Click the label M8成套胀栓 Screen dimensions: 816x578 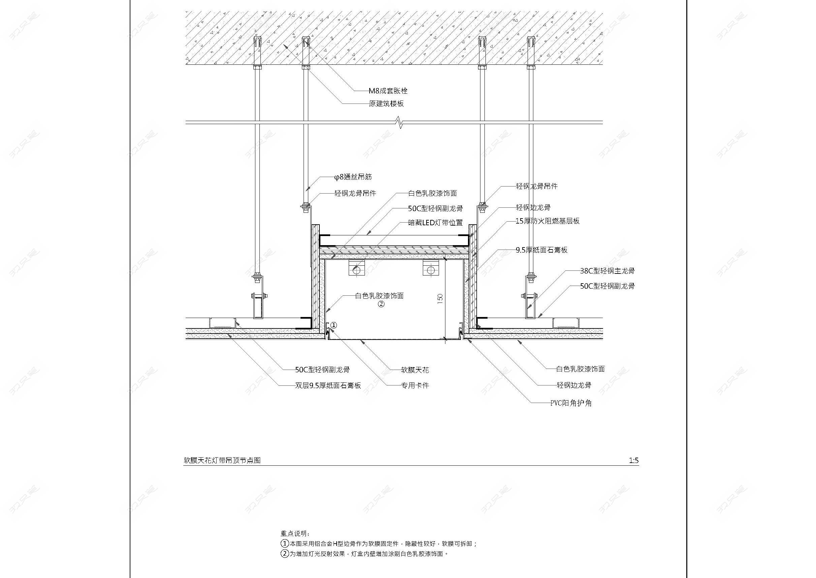click(388, 91)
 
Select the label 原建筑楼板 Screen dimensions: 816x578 click(386, 104)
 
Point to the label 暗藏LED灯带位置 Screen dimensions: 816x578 click(436, 223)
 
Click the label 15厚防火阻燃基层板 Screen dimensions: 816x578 click(547, 221)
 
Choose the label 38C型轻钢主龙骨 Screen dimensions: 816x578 click(607, 271)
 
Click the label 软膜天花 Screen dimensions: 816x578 click(415, 370)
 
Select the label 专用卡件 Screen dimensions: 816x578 click(415, 385)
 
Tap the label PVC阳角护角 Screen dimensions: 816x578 click(571, 403)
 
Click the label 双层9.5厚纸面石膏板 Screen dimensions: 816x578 click(328, 385)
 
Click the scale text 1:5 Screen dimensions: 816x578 click(634, 461)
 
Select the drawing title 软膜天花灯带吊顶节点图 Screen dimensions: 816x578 click(222, 460)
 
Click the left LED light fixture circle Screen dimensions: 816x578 click(356, 270)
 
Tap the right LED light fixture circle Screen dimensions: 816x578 click(431, 270)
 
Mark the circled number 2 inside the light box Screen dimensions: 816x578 click(381, 304)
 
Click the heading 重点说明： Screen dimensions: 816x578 click(295, 533)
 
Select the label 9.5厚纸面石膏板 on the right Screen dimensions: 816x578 click(541, 250)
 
